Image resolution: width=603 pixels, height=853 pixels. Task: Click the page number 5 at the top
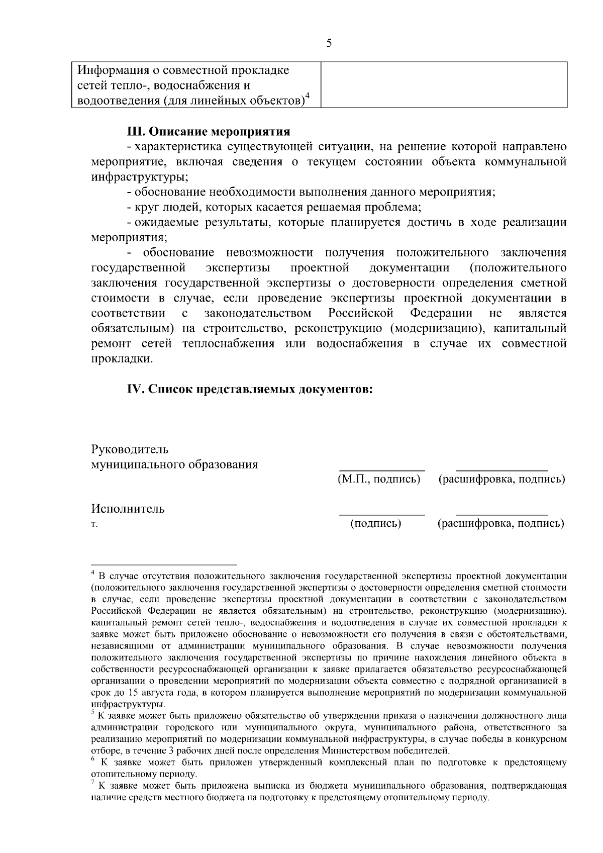click(x=329, y=43)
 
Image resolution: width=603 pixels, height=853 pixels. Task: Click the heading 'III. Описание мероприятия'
click(x=208, y=132)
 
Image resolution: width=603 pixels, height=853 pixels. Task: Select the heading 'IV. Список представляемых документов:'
click(x=249, y=390)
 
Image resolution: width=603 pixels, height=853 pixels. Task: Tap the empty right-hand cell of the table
click(x=444, y=84)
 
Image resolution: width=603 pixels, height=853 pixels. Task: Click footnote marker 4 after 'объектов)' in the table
click(x=308, y=96)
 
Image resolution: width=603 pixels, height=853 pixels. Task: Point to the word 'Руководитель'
click(x=130, y=449)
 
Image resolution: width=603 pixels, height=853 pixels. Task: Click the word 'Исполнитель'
click(x=128, y=509)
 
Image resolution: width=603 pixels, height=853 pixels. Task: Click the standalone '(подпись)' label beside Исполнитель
click(x=375, y=523)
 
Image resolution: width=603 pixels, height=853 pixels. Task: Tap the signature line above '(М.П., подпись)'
click(x=382, y=469)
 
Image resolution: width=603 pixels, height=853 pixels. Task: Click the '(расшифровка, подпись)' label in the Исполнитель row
click(x=500, y=523)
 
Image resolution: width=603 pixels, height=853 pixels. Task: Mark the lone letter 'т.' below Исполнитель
click(x=93, y=524)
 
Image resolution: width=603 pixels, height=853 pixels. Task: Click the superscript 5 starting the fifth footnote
click(x=93, y=712)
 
